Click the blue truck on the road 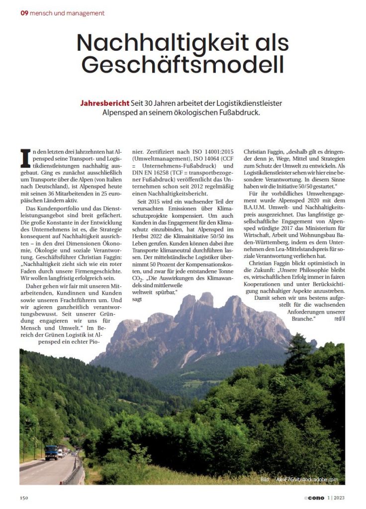point(51,452)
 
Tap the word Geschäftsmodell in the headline point(183,65)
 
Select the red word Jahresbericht point(104,103)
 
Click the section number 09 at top point(24,13)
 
